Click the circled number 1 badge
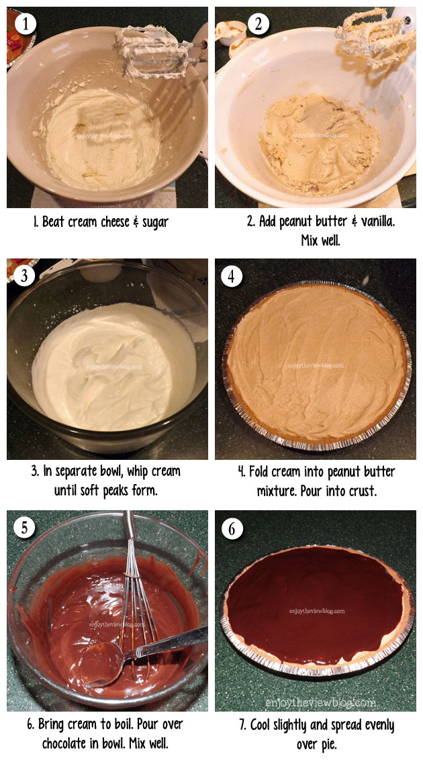point(25,25)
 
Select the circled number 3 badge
point(25,275)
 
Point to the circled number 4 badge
point(232,275)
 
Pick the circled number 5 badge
point(25,527)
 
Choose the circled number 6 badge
point(232,528)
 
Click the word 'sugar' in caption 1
point(151,222)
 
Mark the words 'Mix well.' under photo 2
point(320,240)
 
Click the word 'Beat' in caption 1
point(54,222)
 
